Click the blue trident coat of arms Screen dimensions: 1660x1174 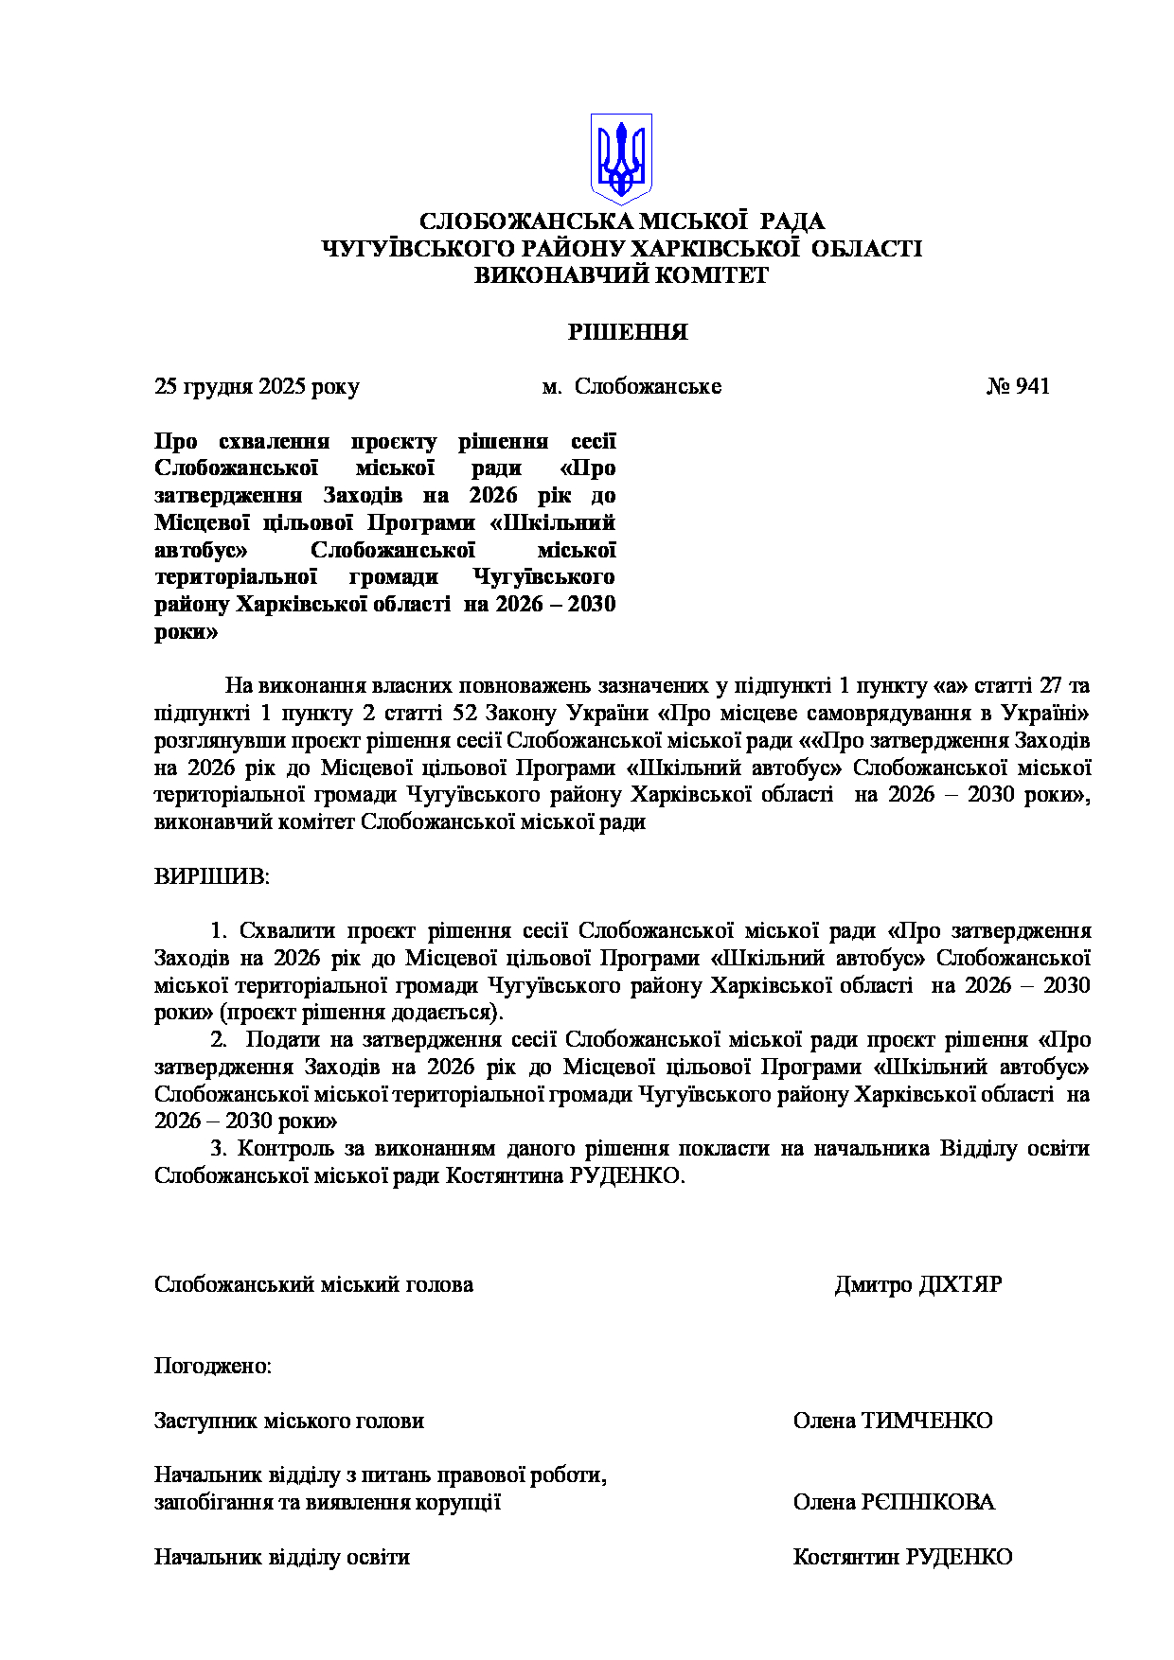[x=621, y=158]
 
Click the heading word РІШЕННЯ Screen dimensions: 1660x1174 [x=628, y=332]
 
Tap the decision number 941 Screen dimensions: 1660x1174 [x=1031, y=386]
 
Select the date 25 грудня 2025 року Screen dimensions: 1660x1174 [x=257, y=386]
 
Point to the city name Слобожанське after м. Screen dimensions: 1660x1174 [x=648, y=386]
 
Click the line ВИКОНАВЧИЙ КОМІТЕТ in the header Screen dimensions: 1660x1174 [x=621, y=275]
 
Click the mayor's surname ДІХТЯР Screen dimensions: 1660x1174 [x=960, y=1284]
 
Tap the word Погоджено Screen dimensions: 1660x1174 [x=212, y=1366]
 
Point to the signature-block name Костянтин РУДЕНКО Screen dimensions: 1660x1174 [x=902, y=1557]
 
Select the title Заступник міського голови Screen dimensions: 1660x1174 [x=289, y=1421]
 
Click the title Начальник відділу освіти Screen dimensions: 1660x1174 [x=281, y=1557]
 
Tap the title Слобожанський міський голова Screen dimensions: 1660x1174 [x=313, y=1284]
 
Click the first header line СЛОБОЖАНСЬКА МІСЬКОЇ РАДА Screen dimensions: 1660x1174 [x=621, y=221]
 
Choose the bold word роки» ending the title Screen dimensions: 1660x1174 [x=186, y=631]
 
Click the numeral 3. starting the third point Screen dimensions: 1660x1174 [x=219, y=1148]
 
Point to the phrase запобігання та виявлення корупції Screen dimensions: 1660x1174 [x=328, y=1502]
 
